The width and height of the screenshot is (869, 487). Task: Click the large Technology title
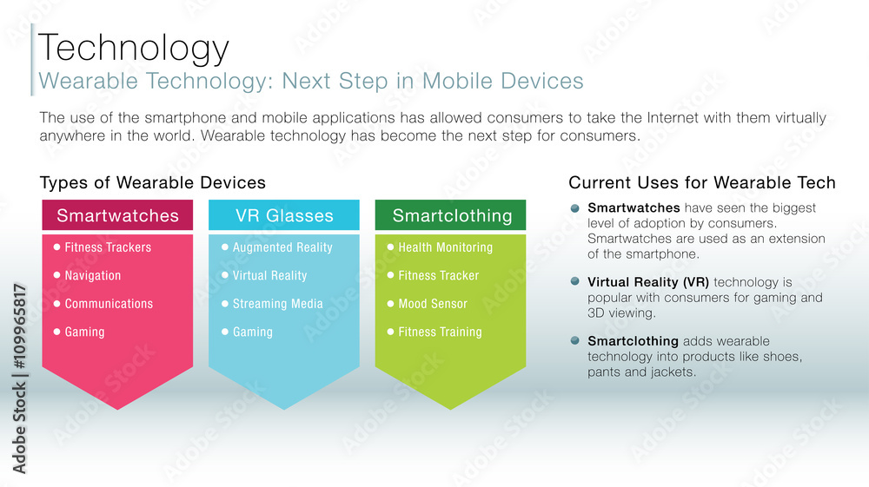click(x=135, y=48)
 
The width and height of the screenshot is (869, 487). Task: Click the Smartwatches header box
click(x=117, y=215)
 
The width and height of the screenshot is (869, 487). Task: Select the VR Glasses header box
click(x=284, y=215)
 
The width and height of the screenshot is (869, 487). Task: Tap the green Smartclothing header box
click(x=451, y=215)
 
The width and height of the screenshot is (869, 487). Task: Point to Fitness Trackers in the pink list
click(x=108, y=247)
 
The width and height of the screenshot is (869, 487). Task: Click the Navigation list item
click(x=93, y=276)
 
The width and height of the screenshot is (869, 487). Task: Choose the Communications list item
click(x=109, y=304)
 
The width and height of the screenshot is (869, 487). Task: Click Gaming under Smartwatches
click(x=84, y=332)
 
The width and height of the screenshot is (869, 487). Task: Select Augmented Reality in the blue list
click(x=282, y=247)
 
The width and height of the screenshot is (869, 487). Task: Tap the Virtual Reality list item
click(x=269, y=276)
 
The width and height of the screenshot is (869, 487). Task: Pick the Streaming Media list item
click(x=277, y=304)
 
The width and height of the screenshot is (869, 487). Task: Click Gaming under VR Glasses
click(x=252, y=332)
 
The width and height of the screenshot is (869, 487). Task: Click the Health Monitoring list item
click(x=445, y=247)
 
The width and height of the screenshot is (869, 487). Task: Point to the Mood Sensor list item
click(x=433, y=304)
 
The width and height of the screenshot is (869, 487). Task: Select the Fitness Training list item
click(x=440, y=332)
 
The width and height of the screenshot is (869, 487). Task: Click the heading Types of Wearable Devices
click(x=153, y=183)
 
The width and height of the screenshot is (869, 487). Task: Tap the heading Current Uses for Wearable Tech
click(x=702, y=183)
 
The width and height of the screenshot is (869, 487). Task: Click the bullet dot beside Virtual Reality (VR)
click(x=574, y=281)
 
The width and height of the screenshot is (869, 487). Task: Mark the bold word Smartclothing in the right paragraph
click(x=633, y=341)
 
